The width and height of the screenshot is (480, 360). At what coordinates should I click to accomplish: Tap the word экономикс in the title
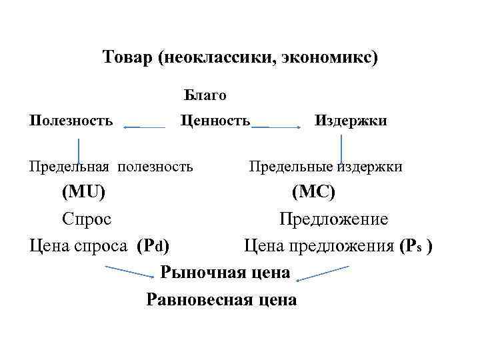click(x=336, y=57)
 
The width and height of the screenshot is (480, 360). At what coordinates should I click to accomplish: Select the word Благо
click(x=205, y=95)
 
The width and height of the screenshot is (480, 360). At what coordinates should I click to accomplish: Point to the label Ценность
click(x=215, y=121)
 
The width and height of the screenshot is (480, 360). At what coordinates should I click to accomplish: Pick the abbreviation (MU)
click(x=83, y=193)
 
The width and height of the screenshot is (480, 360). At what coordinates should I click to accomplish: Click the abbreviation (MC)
click(x=314, y=193)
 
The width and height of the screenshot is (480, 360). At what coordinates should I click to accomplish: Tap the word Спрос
click(x=87, y=219)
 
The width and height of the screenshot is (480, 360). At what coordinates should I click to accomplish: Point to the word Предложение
click(x=333, y=219)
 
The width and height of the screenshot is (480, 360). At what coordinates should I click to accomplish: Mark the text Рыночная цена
click(x=225, y=273)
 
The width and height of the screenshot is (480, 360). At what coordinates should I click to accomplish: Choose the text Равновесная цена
click(x=221, y=300)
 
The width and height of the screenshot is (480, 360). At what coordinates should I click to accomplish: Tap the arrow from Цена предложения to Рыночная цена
click(x=323, y=271)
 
